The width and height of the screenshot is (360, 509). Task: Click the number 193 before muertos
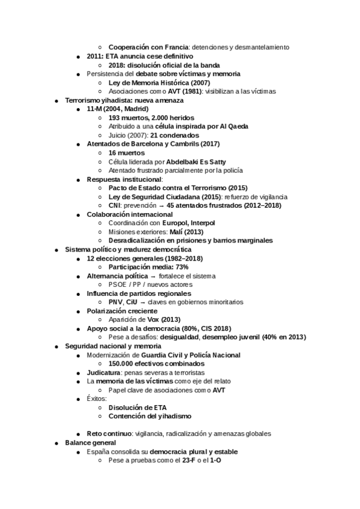click(116, 118)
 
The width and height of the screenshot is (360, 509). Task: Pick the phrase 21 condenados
click(176, 136)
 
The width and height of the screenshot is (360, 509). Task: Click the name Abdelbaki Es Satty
click(196, 161)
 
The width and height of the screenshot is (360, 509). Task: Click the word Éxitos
click(96, 398)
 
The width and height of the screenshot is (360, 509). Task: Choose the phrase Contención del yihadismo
click(151, 415)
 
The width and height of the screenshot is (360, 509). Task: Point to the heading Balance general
click(91, 442)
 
